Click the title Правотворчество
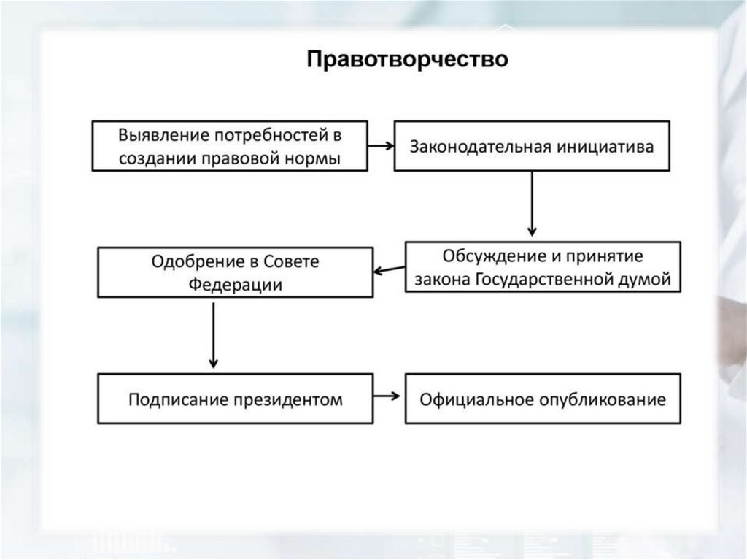pos(406,58)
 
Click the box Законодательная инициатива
pos(532,146)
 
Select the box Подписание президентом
pos(235,399)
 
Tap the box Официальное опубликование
pos(543,399)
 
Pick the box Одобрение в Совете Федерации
pos(235,272)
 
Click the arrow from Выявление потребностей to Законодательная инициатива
pos(380,145)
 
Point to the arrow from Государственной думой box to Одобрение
pos(390,270)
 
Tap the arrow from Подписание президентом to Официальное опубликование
pos(389,397)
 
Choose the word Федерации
pos(235,283)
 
